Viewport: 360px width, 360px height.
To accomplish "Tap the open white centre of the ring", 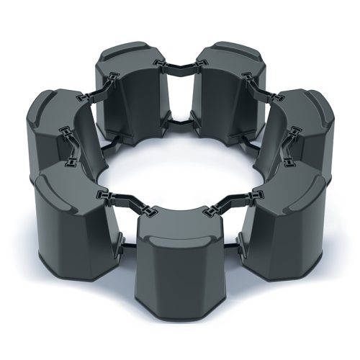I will pyautogui.click(x=180, y=162).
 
